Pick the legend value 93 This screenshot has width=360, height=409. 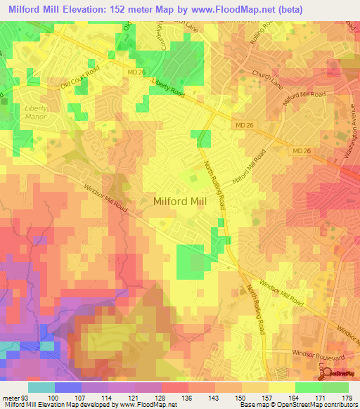pyautogui.click(x=26, y=398)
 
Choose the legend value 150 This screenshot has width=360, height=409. pyautogui.click(x=240, y=398)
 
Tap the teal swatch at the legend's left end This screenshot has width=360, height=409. pyautogui.click(x=41, y=387)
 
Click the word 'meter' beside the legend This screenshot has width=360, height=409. pyautogui.click(x=11, y=398)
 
